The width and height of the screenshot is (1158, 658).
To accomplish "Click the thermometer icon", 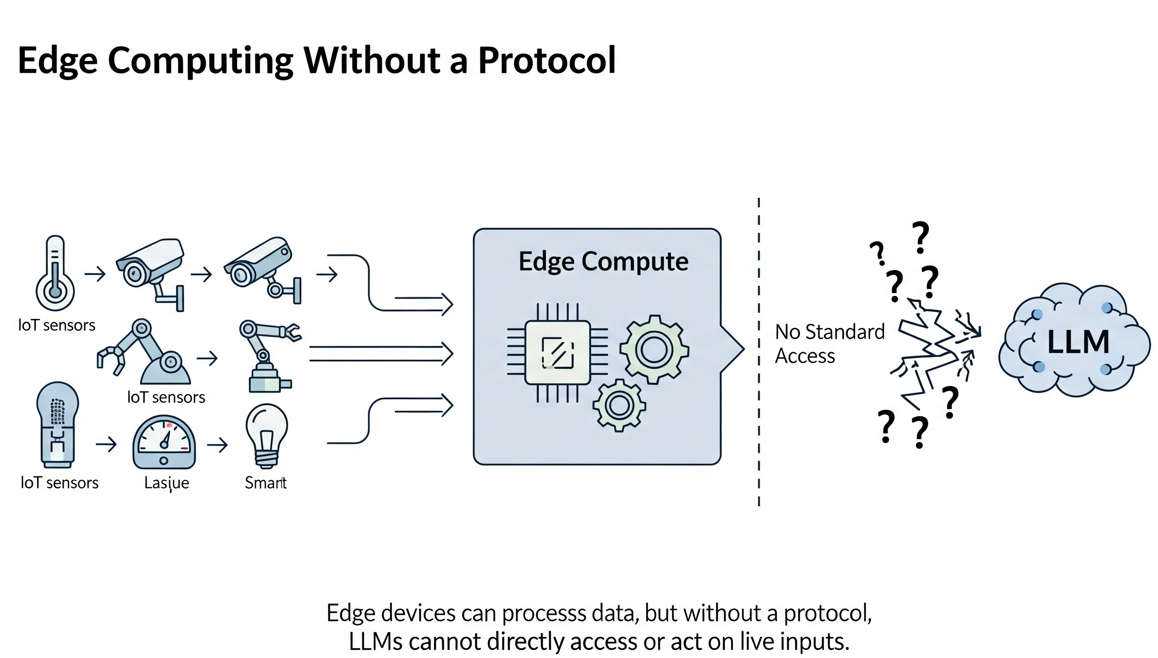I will [55, 273].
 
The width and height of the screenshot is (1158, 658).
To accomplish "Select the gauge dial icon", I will [164, 443].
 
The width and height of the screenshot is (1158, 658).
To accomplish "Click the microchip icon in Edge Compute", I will [557, 353].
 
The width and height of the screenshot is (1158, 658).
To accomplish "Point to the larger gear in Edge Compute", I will [654, 349].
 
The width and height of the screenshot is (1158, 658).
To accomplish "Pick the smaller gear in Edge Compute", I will [619, 405].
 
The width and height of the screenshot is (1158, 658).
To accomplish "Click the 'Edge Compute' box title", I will [603, 262].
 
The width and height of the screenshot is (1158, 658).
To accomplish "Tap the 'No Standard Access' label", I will [829, 344].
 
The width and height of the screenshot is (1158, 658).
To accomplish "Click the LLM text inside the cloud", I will [1078, 342].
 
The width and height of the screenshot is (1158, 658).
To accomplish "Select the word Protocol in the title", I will [547, 61].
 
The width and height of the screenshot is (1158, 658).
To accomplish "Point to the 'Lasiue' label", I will [166, 483].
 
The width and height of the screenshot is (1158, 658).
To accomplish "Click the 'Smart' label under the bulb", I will [265, 483].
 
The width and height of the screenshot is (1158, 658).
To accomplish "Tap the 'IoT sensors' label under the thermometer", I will [57, 325].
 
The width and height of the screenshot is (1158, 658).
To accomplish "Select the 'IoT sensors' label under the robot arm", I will [166, 397].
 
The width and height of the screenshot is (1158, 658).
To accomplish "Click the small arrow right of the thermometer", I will [95, 274].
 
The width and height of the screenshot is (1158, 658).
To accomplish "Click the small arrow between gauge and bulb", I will [217, 445].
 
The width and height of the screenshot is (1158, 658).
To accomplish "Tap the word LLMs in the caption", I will [375, 641].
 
